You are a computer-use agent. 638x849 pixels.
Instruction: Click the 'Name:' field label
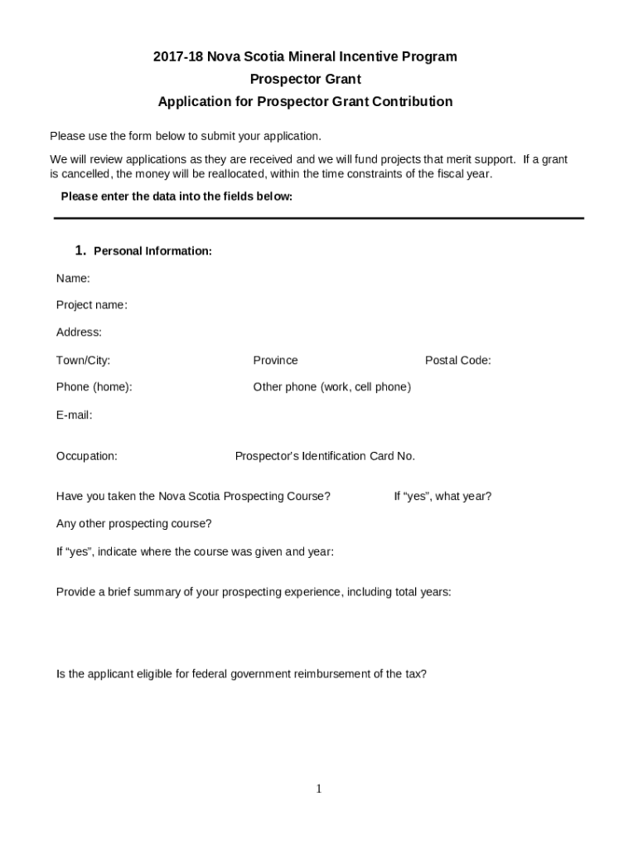point(73,279)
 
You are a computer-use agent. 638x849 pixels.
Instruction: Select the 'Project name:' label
point(91,305)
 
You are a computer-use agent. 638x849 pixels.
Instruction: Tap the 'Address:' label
point(79,332)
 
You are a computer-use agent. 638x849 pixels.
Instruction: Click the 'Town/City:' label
point(83,361)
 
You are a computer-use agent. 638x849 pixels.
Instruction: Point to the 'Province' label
point(275,361)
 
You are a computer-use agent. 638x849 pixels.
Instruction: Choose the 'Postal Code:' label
point(457,361)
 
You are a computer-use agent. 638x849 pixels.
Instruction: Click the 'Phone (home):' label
point(94,387)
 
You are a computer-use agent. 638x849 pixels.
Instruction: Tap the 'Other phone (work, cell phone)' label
point(331,387)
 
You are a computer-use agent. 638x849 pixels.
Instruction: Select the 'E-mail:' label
point(74,415)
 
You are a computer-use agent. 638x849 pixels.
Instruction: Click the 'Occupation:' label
point(86,456)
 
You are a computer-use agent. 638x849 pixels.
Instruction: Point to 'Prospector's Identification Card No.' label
point(325,456)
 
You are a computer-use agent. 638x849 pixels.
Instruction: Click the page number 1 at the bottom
point(318,788)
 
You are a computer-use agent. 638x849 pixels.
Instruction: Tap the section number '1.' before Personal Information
point(80,250)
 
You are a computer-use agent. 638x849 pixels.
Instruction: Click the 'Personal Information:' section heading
point(152,251)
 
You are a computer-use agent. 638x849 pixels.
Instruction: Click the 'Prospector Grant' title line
point(305,80)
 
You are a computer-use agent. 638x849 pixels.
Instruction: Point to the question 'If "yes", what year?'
point(442,497)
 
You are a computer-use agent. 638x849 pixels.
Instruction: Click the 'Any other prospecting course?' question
point(133,524)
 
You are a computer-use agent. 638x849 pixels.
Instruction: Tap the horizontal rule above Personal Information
point(319,218)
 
